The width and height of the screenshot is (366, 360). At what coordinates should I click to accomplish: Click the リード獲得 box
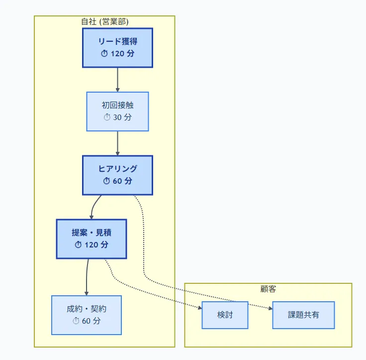pyautogui.click(x=117, y=47)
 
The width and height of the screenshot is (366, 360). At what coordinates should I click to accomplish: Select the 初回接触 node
pyautogui.click(x=117, y=111)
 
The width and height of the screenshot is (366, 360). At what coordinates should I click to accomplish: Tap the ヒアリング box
pyautogui.click(x=117, y=175)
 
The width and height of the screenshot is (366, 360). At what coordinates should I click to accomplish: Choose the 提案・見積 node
pyautogui.click(x=91, y=239)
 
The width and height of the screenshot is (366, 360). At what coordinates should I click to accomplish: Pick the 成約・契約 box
pyautogui.click(x=86, y=315)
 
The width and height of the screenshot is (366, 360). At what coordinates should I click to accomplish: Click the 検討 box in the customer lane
pyautogui.click(x=225, y=315)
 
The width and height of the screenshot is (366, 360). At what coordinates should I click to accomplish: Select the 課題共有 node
pyautogui.click(x=303, y=315)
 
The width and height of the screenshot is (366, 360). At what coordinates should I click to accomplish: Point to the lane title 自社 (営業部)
pyautogui.click(x=105, y=21)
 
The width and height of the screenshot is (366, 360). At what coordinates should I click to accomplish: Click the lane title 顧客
pyautogui.click(x=268, y=289)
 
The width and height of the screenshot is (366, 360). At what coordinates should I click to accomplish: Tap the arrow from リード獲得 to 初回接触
pyautogui.click(x=117, y=79)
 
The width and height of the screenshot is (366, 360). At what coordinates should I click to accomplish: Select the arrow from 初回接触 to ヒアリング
pyautogui.click(x=117, y=143)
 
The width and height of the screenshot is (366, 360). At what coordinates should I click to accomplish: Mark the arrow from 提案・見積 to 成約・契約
pyautogui.click(x=87, y=277)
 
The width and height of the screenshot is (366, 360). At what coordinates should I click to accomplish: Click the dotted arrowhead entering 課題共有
pyautogui.click(x=271, y=309)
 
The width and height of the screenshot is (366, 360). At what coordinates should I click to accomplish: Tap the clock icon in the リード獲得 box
pyautogui.click(x=104, y=54)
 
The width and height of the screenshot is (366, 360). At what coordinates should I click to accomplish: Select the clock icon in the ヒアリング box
pyautogui.click(x=106, y=181)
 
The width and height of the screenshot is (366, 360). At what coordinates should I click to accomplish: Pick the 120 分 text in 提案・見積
pyautogui.click(x=96, y=245)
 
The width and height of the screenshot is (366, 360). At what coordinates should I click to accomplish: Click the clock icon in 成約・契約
pyautogui.click(x=76, y=321)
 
